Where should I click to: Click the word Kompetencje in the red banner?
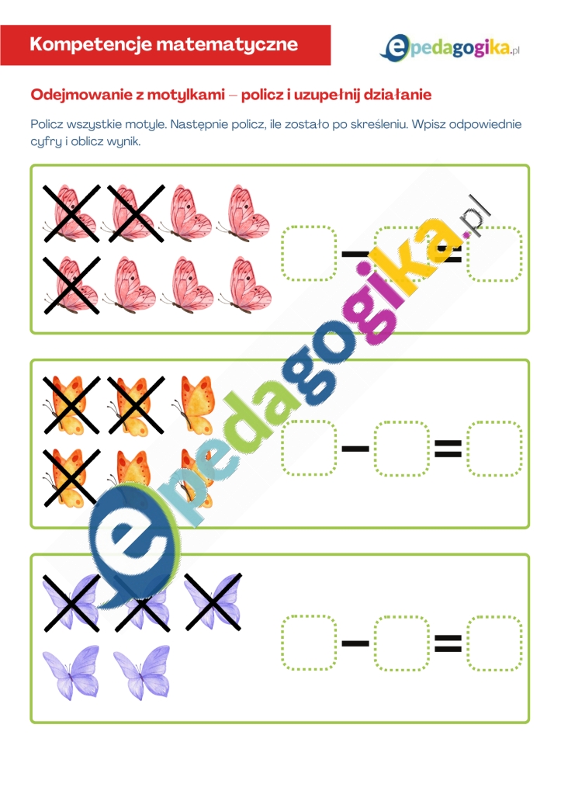[x=91, y=44]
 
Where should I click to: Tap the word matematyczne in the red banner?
[x=227, y=44]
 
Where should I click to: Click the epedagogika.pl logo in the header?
[x=449, y=49]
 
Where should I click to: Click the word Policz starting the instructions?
[x=47, y=124]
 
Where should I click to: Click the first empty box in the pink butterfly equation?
[x=309, y=253]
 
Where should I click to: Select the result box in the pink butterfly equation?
[x=494, y=253]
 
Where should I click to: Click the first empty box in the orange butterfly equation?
[x=309, y=448]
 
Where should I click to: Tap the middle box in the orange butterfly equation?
[x=401, y=448]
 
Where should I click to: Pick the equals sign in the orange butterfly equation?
[x=448, y=448]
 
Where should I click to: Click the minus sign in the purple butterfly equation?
[x=355, y=643]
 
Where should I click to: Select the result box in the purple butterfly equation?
[x=494, y=643]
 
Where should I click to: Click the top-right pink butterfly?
[x=244, y=213]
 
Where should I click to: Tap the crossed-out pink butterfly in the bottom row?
[x=71, y=285]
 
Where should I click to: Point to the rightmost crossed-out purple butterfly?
[x=213, y=602]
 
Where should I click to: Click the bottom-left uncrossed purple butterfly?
[x=71, y=672]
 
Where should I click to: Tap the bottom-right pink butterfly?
[x=244, y=284]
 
